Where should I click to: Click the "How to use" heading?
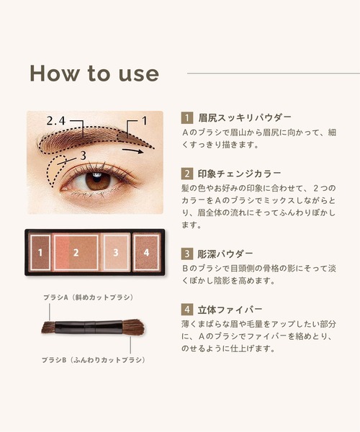(94, 73)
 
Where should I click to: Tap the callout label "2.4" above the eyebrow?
(56, 121)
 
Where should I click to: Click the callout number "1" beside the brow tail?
(144, 121)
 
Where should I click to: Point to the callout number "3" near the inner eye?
(84, 156)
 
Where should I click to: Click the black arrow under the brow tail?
(132, 150)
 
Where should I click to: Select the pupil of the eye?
(96, 178)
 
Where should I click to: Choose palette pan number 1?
(40, 252)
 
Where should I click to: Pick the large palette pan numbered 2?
(76, 252)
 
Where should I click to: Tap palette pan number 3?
(116, 252)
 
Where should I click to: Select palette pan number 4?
(146, 252)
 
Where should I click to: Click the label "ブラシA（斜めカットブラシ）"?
(88, 297)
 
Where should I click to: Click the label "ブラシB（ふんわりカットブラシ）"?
(93, 360)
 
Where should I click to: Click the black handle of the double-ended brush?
(89, 327)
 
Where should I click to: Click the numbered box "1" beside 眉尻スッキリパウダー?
(187, 118)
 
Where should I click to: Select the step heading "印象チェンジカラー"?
(239, 174)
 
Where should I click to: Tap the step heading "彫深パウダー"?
(225, 253)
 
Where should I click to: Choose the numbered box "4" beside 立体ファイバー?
(187, 310)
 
